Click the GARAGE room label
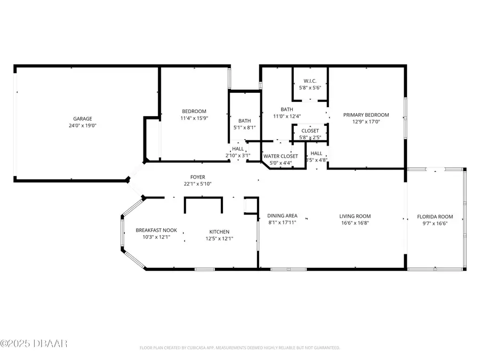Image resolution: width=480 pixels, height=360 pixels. [x=83, y=119]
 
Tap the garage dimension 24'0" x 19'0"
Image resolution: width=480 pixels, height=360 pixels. [x=83, y=126]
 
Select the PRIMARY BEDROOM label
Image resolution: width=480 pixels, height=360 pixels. [x=366, y=115]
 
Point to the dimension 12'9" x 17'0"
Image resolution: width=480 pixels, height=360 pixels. [x=366, y=122]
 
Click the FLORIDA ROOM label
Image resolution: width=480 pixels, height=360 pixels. [x=435, y=217]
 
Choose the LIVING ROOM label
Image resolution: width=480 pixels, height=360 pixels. [x=355, y=217]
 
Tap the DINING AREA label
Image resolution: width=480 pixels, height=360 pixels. [x=282, y=215]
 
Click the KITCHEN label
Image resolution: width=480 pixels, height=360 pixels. [x=219, y=231]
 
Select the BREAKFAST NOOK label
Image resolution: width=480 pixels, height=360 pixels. [x=153, y=230]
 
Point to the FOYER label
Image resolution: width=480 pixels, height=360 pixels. [x=198, y=177]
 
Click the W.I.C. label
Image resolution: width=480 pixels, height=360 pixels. [x=310, y=81]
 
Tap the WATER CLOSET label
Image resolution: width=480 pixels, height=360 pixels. [x=281, y=156]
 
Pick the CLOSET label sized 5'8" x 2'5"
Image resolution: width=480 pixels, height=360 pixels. [x=310, y=131]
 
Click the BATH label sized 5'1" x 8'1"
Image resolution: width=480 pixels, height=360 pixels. [x=245, y=121]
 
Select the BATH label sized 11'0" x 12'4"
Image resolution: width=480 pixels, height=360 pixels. [x=287, y=109]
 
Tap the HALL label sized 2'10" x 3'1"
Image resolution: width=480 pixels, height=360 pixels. [x=238, y=149]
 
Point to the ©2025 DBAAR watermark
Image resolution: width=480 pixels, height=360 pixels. [x=34, y=343]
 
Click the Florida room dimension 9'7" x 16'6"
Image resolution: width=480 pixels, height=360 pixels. [x=435, y=223]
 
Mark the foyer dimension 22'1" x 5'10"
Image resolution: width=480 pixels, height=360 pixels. [x=198, y=184]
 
